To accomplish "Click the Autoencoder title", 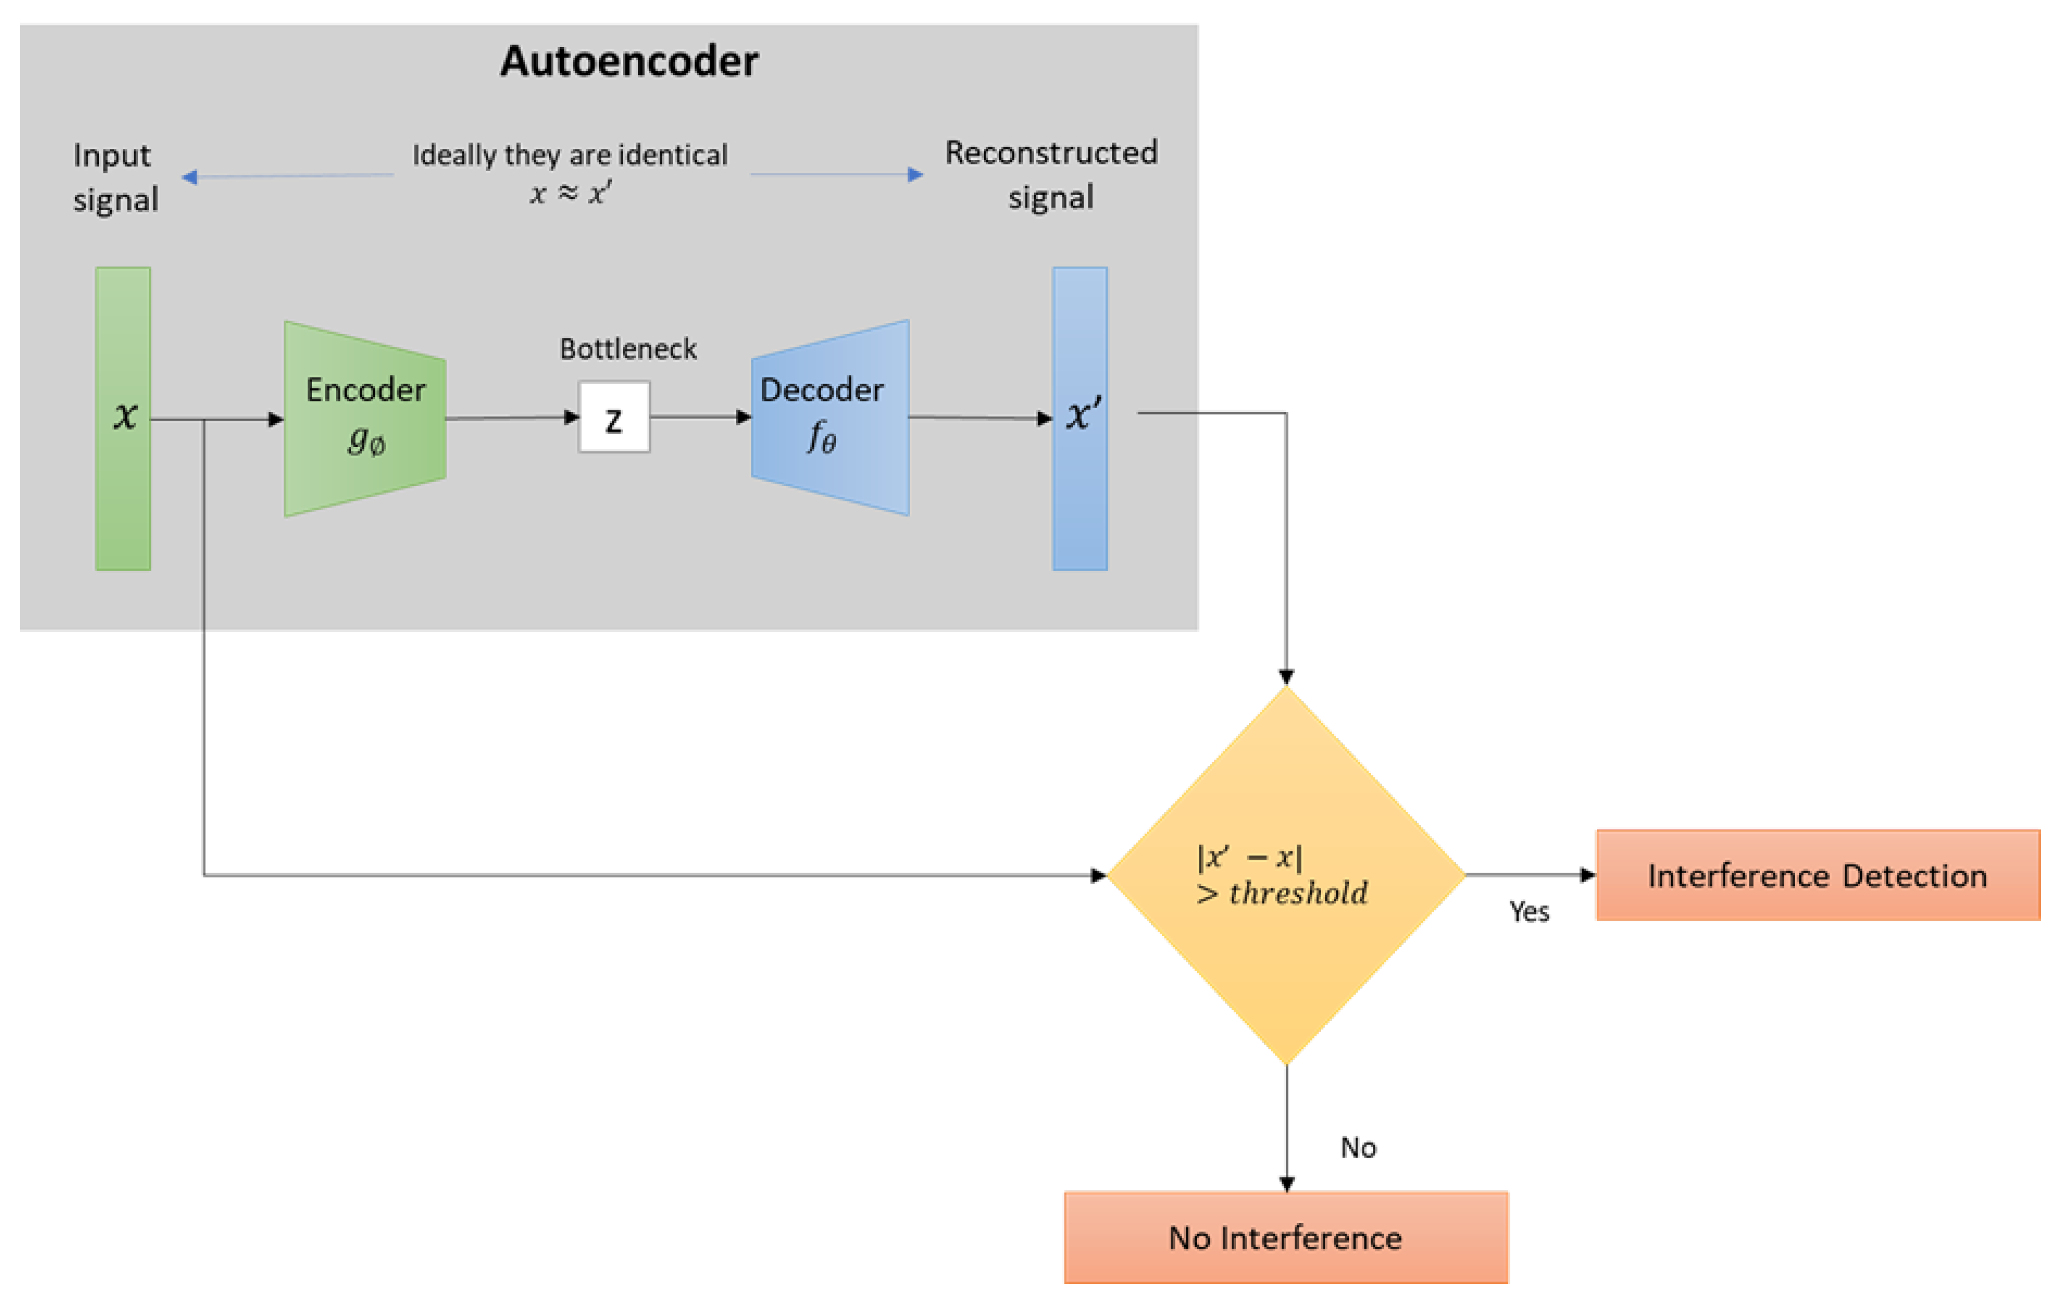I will (x=629, y=62).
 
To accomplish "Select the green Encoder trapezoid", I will (x=365, y=418).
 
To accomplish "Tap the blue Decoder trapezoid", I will (x=829, y=418).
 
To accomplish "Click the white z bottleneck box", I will (x=614, y=417).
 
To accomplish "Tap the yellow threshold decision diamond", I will (x=1286, y=874).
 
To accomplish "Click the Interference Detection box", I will (x=1818, y=876).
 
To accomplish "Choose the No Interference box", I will (x=1286, y=1237).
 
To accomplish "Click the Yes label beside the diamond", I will (x=1529, y=912).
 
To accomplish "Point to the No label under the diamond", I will (x=1358, y=1148).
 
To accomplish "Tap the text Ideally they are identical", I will (x=570, y=154).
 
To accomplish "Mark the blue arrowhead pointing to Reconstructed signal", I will (x=915, y=174).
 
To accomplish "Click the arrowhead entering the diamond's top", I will (x=1286, y=677).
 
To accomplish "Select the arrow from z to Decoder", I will (x=700, y=417).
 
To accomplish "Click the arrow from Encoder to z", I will (x=512, y=418).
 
